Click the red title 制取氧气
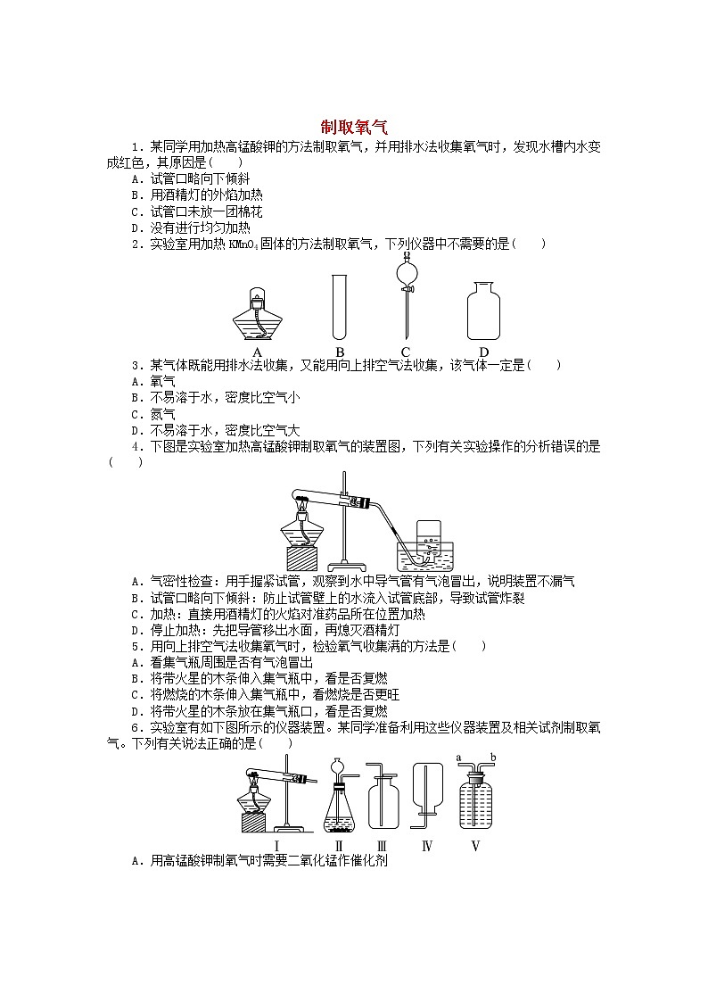pyautogui.click(x=354, y=128)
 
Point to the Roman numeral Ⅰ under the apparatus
pyautogui.click(x=277, y=846)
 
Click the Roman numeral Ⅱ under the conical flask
pyautogui.click(x=339, y=846)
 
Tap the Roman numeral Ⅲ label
pyautogui.click(x=381, y=846)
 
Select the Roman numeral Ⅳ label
pyautogui.click(x=426, y=846)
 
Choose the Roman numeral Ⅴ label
pyautogui.click(x=475, y=846)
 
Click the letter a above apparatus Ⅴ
pyautogui.click(x=457, y=758)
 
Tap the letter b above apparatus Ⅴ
pyautogui.click(x=492, y=758)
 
